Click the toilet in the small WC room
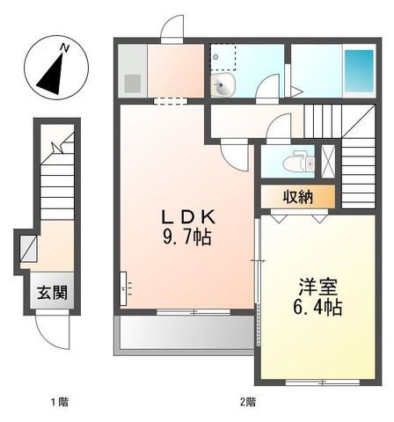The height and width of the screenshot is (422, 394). tap(297, 164)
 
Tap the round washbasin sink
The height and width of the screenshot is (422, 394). tap(222, 86)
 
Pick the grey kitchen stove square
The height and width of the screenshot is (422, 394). tap(132, 84)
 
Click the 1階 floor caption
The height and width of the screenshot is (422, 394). tap(58, 404)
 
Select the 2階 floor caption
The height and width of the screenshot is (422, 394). tap(248, 404)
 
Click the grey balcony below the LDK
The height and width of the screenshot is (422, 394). tap(183, 334)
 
